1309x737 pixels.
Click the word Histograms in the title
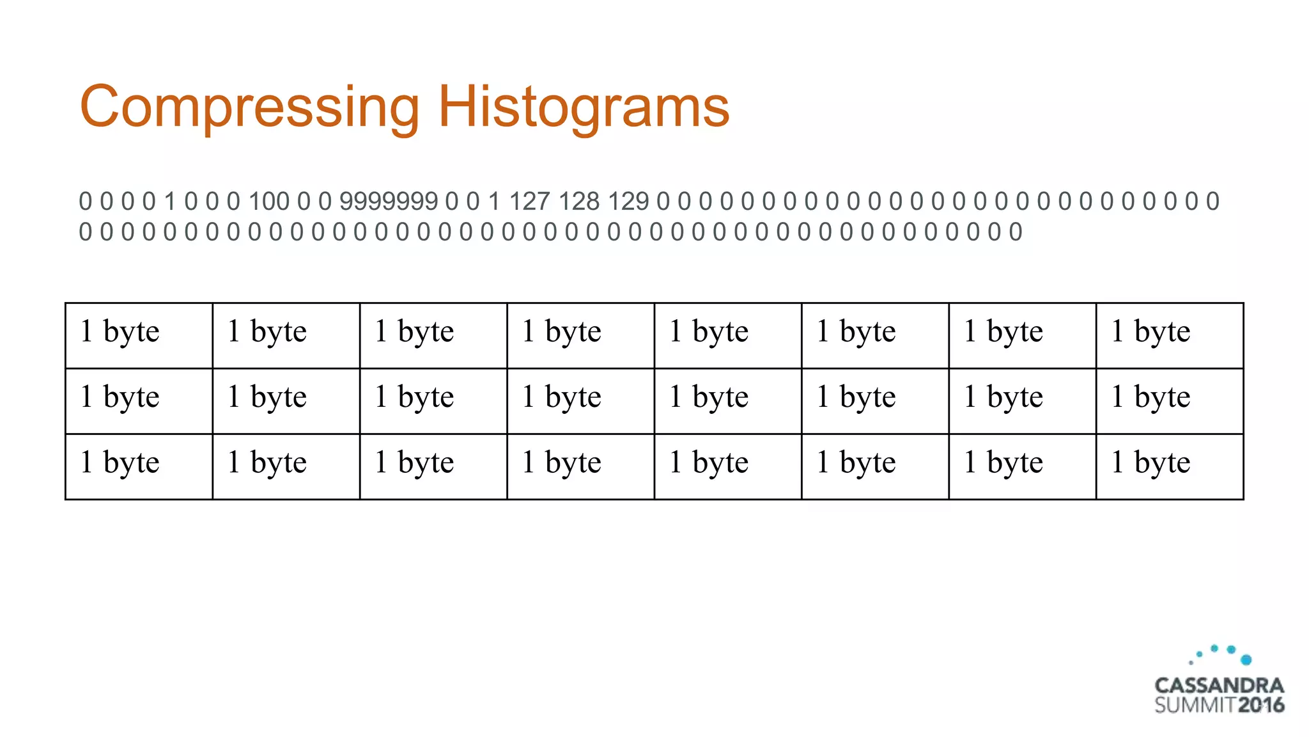583,106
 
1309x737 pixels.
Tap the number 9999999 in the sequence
389,202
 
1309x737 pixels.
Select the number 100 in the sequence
269,202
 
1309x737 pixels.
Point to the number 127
529,202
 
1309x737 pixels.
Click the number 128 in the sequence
579,202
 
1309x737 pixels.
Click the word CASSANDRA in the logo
1219,686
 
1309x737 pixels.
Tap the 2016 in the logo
1261,705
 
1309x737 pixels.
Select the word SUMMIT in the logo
1195,705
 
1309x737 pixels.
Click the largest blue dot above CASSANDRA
1246,660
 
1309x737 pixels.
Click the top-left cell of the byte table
139,335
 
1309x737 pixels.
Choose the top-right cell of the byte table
1170,335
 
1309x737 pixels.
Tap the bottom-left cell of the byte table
139,466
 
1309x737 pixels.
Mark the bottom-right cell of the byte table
1170,466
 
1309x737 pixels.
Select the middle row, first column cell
139,401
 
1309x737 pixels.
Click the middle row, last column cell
1170,401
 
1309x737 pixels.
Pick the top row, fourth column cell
580,335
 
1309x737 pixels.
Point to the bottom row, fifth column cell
728,466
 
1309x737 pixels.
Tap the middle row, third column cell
433,401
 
